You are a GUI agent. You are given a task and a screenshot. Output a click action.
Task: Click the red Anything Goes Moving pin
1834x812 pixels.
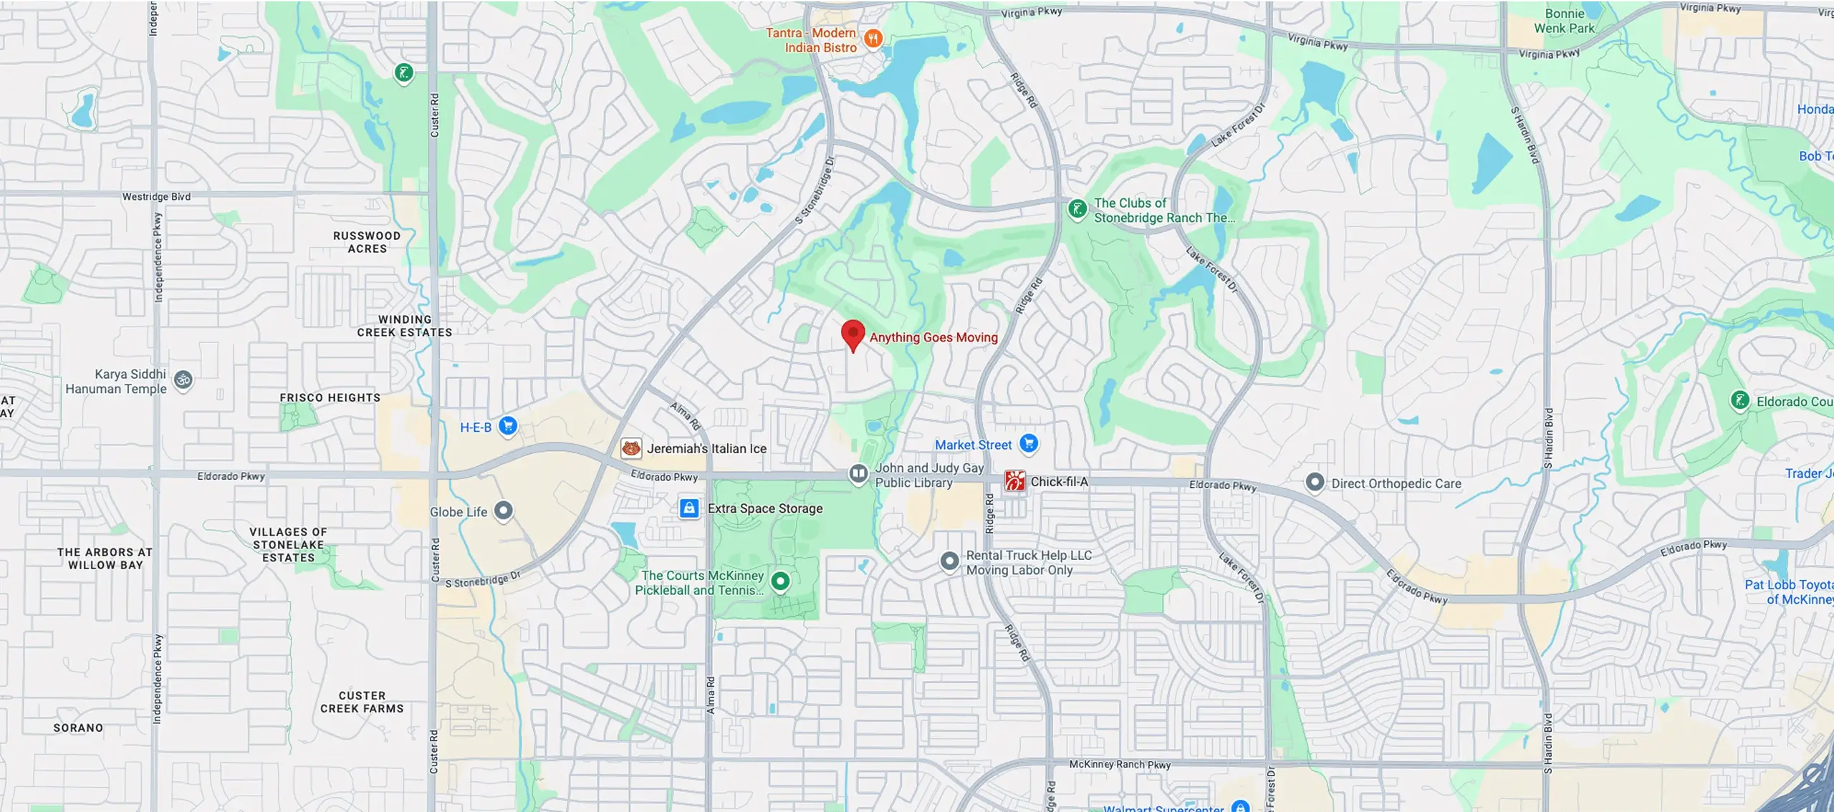point(853,334)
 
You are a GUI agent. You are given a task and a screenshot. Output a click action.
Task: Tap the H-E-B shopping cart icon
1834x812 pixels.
point(508,426)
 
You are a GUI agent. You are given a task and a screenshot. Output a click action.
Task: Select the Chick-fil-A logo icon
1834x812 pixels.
point(1014,481)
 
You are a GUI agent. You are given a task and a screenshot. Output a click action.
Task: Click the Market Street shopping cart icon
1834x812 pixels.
point(1029,444)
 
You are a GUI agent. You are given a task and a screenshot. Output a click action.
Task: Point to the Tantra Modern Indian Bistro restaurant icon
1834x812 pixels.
point(873,39)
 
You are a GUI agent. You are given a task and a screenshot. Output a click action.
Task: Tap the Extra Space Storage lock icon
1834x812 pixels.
point(689,508)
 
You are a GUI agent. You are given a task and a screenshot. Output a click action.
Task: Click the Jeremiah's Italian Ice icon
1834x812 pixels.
point(631,448)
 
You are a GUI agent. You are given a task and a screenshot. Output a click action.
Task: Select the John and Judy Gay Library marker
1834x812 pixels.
point(858,473)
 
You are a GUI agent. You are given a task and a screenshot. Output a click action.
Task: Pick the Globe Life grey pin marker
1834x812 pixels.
point(504,511)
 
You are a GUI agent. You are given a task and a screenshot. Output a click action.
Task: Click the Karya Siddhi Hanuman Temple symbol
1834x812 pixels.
point(183,380)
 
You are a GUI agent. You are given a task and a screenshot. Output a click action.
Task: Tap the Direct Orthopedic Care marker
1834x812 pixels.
point(1315,483)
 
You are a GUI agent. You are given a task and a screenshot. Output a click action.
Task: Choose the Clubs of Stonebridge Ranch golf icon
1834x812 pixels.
point(1077,209)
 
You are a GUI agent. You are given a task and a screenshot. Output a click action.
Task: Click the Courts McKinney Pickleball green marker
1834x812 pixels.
point(780,581)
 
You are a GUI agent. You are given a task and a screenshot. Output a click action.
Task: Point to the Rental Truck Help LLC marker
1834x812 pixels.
point(949,561)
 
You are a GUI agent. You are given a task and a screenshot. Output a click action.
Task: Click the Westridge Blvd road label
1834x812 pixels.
point(156,196)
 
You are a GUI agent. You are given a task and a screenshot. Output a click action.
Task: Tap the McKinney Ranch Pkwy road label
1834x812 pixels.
point(1120,764)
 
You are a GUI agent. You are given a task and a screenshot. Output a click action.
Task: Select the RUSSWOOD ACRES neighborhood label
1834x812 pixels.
point(367,242)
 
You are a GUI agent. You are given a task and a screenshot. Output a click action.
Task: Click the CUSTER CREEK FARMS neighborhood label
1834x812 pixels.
point(362,702)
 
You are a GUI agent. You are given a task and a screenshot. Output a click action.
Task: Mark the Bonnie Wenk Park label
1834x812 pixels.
point(1564,21)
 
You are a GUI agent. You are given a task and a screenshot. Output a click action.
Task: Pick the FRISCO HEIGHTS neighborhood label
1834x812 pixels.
point(330,397)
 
